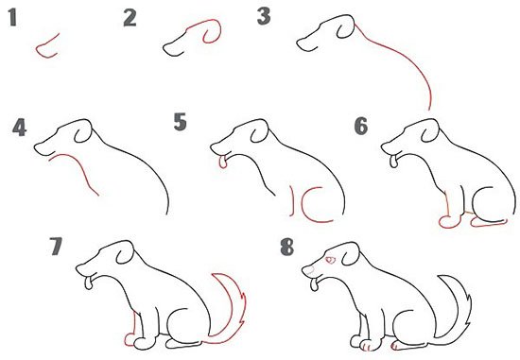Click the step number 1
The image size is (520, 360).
click(x=12, y=17)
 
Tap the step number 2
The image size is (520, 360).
click(x=130, y=18)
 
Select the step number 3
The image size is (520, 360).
click(x=264, y=16)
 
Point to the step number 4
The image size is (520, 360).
click(x=19, y=128)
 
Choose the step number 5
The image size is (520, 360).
click(x=180, y=122)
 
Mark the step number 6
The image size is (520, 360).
click(x=361, y=126)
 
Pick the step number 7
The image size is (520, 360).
click(x=56, y=246)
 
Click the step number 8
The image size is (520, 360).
click(x=286, y=247)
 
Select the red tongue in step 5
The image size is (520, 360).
click(x=223, y=163)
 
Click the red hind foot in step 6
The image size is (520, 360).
click(x=489, y=224)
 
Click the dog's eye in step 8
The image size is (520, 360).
click(x=330, y=261)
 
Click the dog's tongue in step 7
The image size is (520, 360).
click(x=89, y=283)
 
